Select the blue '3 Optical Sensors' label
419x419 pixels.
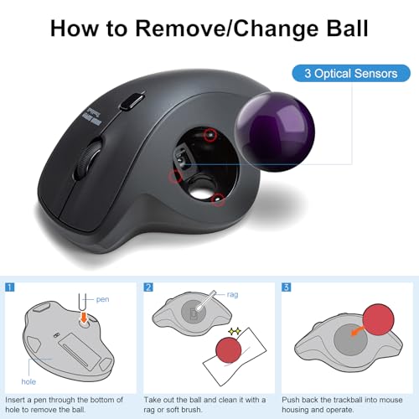point(351,73)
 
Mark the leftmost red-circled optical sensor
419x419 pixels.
point(175,176)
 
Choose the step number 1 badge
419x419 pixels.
point(11,287)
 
